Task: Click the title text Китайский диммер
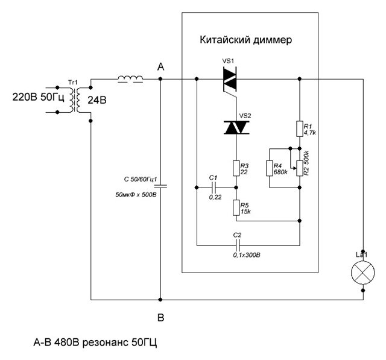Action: (245, 41)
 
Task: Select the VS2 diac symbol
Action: (236, 127)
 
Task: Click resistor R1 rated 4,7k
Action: (300, 128)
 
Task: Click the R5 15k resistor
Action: (236, 207)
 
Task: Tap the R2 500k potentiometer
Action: (300, 165)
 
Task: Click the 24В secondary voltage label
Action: (96, 99)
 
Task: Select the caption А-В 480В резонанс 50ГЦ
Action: (95, 343)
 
